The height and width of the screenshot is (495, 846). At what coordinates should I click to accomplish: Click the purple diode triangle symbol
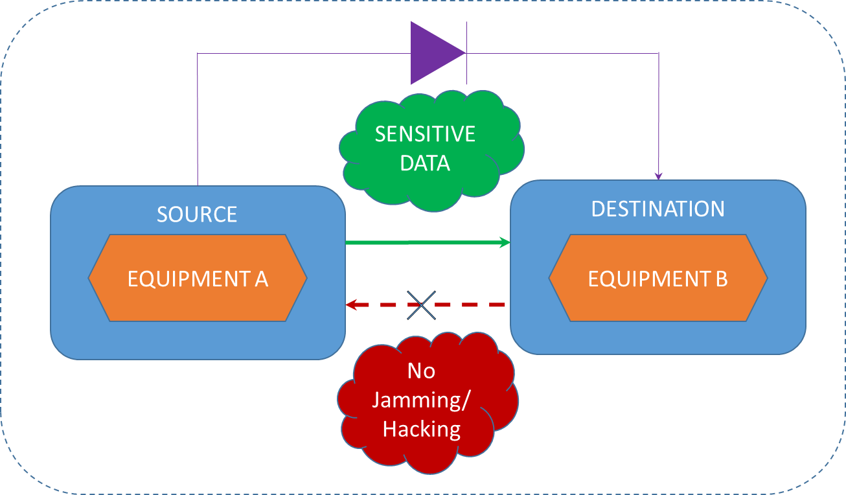click(x=434, y=53)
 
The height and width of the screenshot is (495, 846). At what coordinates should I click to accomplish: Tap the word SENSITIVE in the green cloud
click(x=425, y=134)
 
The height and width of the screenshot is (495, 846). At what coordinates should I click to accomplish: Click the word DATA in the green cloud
click(x=425, y=163)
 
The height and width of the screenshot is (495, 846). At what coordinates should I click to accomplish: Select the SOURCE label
click(x=197, y=214)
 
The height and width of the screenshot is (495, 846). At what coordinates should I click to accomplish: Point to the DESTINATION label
click(x=658, y=209)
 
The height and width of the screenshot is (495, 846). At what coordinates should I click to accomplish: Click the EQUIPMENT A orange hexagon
click(x=198, y=278)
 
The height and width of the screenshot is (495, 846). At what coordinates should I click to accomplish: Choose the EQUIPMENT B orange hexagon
click(x=658, y=278)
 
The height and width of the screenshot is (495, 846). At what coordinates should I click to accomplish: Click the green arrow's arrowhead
click(x=505, y=242)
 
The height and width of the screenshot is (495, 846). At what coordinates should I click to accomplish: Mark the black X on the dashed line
click(x=422, y=305)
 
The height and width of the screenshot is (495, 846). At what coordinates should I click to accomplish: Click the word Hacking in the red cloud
click(x=422, y=429)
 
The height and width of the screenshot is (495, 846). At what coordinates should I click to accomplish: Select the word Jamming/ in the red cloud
click(x=422, y=400)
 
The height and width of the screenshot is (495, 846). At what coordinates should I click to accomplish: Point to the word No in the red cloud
click(x=421, y=371)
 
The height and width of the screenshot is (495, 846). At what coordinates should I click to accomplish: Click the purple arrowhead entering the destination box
click(x=659, y=176)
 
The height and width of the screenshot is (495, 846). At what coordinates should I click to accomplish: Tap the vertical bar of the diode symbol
click(x=466, y=53)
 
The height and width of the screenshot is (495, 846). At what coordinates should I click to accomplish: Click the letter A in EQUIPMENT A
click(x=261, y=279)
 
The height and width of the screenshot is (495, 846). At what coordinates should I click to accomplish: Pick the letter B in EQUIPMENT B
click(x=722, y=279)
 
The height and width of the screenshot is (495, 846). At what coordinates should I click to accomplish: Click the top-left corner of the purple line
click(x=198, y=54)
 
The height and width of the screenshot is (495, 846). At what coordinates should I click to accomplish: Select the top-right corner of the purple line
click(x=659, y=53)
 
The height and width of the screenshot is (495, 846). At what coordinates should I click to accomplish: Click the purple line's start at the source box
click(x=198, y=185)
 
